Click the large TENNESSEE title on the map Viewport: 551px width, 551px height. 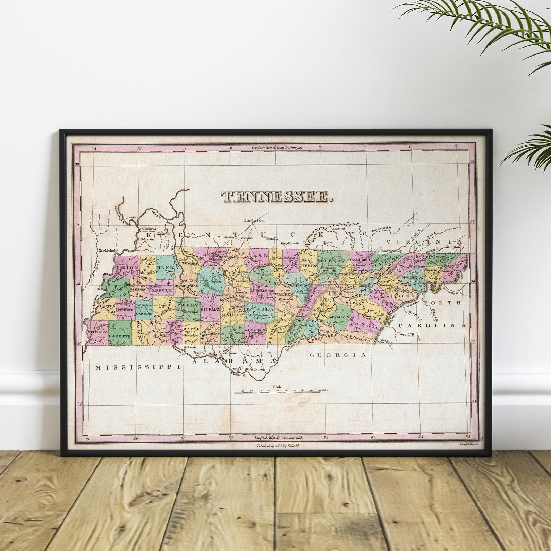pos(277,197)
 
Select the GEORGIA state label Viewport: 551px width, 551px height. pos(338,355)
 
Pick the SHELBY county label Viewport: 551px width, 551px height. pos(97,332)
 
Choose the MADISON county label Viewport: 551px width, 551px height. pos(144,314)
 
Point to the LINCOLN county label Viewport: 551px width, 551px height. pos(255,329)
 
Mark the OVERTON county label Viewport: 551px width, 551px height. pos(308,265)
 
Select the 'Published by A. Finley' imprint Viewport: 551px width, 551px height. pos(277,446)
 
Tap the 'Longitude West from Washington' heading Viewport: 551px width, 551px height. pos(277,148)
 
